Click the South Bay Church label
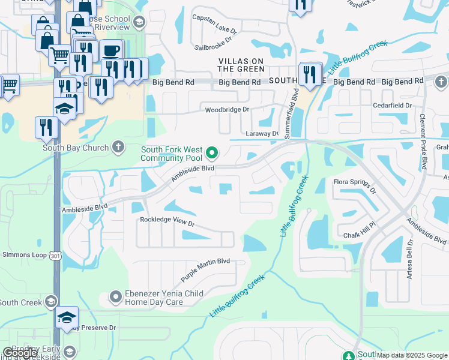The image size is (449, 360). [76, 148]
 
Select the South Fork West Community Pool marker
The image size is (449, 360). [211, 151]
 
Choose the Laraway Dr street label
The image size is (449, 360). [262, 134]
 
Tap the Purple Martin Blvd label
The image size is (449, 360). [205, 271]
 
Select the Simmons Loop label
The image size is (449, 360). [24, 254]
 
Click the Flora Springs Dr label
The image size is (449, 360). [355, 185]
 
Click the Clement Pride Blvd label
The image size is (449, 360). [423, 142]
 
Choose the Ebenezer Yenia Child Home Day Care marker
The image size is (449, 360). [116, 297]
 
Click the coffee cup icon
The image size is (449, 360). [111, 50]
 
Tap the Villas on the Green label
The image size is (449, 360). [241, 65]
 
